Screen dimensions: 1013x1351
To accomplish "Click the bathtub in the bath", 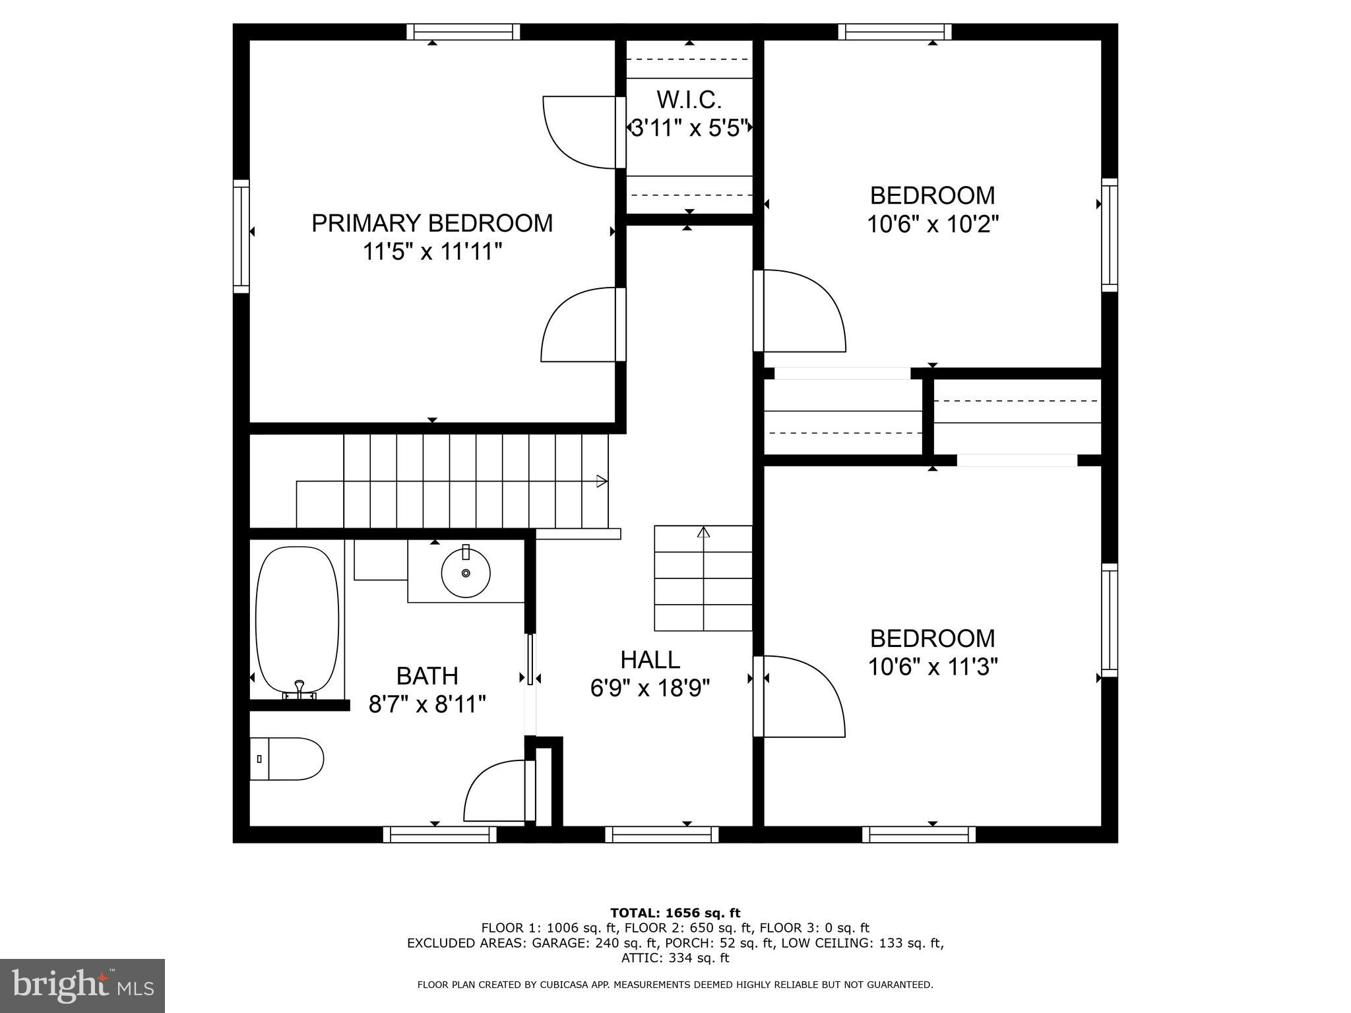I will pos(298,620).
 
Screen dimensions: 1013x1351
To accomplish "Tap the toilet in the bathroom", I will pos(288,758).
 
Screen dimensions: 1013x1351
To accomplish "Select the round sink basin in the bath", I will pos(466,573).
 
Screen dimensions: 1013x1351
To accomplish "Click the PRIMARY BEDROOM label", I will pos(432,223).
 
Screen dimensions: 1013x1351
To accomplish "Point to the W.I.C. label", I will pos(689,100).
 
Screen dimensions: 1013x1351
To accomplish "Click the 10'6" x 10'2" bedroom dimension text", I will pos(932,224).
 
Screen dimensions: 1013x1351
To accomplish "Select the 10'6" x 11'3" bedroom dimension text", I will pos(932,667).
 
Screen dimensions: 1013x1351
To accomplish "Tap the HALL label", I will pos(650,660).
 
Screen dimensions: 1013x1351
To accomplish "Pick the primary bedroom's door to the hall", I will pos(577,326).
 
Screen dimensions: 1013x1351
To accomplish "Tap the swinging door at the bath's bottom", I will pos(498,791).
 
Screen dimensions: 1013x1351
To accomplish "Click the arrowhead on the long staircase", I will pos(602,481).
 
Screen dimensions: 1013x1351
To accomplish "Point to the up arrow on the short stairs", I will pos(703,532).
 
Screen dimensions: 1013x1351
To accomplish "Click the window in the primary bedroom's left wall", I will pos(241,236).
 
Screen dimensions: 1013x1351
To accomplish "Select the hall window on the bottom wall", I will pos(662,834).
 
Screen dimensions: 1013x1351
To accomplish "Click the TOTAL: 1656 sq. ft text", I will pos(675,913).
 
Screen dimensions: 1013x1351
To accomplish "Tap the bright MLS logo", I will pos(82,985).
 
